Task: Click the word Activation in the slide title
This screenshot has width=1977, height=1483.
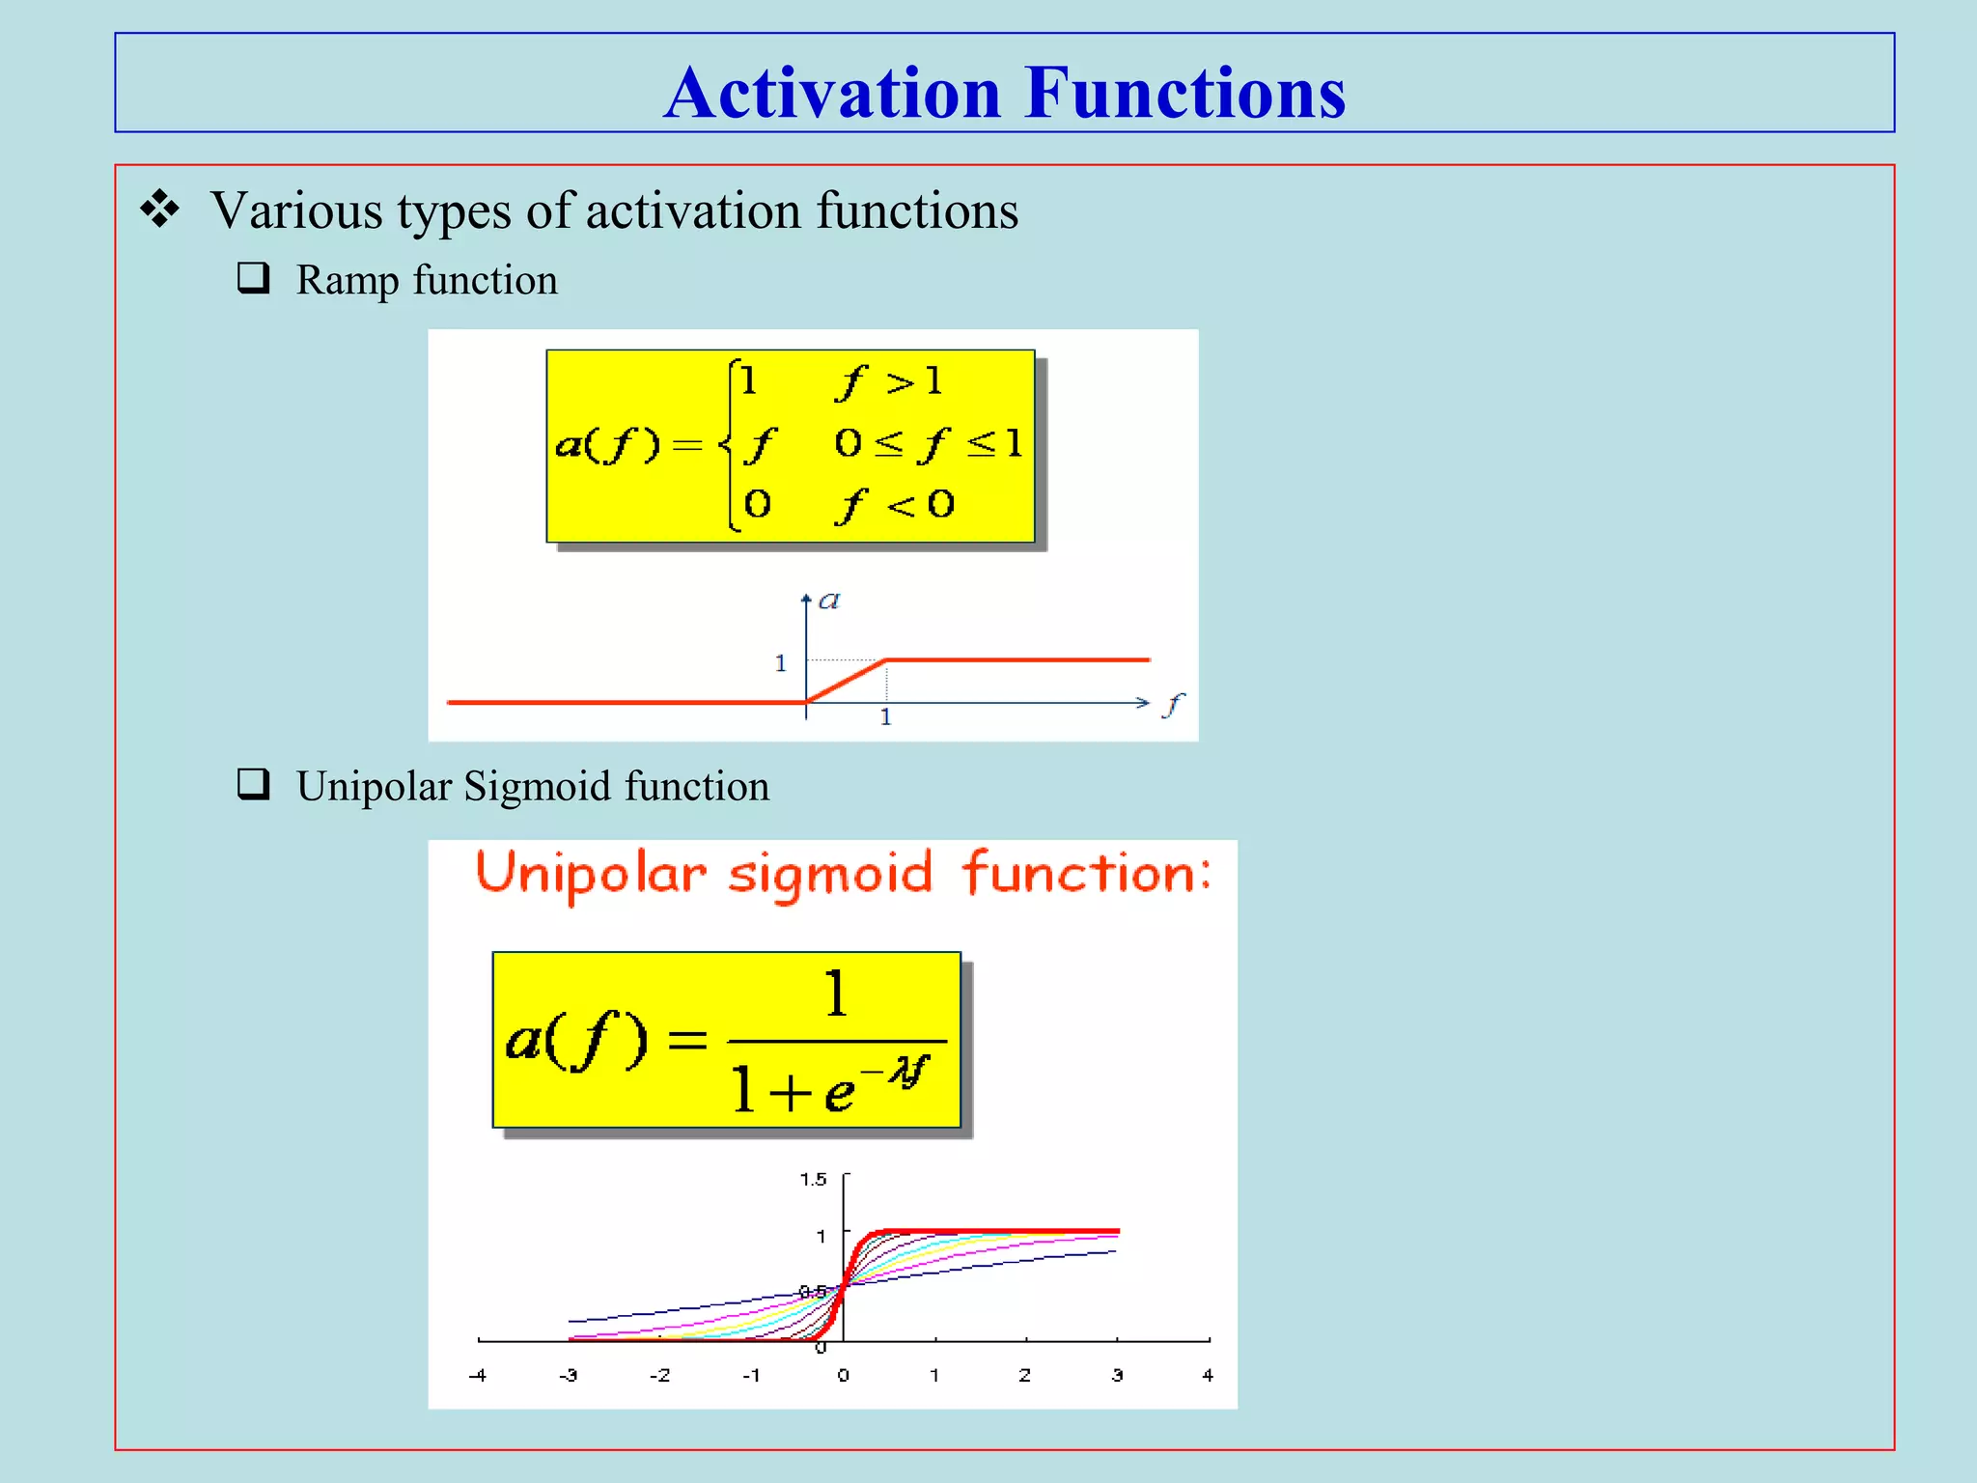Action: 832,94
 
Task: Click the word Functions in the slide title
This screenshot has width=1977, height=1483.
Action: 1184,94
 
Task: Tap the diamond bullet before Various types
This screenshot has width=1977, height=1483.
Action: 159,210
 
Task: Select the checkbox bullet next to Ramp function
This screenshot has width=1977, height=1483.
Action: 253,278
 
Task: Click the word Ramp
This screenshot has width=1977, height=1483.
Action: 348,280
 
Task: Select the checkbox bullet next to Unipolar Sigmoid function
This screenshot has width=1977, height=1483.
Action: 253,784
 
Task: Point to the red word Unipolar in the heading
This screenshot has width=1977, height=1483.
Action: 591,874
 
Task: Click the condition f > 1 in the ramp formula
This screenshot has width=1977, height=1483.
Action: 889,382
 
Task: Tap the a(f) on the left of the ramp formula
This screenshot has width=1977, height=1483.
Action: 608,444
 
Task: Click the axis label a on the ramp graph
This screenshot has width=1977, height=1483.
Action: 828,602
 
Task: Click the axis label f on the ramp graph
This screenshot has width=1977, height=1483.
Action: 1172,705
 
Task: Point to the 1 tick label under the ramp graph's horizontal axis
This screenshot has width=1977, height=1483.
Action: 885,717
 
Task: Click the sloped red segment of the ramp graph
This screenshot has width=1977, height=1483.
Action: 847,681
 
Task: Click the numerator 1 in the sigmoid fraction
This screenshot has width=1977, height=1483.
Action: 836,994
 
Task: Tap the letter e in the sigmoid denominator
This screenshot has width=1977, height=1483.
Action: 839,1094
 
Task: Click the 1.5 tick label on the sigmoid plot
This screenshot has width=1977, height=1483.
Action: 813,1179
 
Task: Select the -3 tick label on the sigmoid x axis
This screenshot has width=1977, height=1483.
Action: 569,1375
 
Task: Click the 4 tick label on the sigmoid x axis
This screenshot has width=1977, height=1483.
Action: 1207,1375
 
